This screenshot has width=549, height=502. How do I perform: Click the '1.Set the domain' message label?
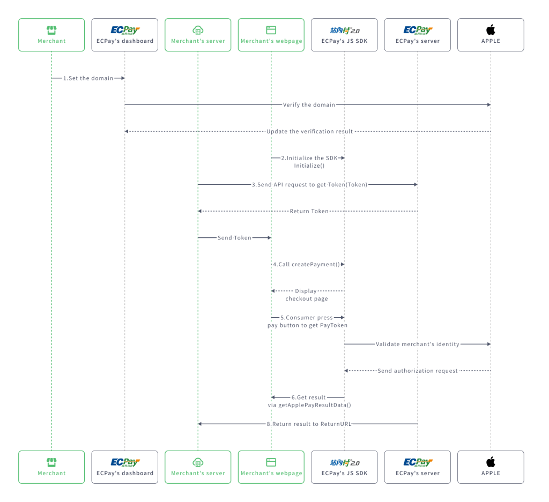pos(88,78)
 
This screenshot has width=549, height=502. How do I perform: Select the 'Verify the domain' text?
pos(309,105)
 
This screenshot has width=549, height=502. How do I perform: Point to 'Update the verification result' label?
pos(309,131)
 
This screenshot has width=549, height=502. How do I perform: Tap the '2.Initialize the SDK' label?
pos(309,158)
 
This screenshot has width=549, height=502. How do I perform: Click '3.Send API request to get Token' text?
pos(309,184)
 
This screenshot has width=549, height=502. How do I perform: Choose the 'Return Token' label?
pos(309,211)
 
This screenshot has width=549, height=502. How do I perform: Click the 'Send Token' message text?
pos(234,238)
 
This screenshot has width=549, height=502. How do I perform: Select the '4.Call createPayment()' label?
pos(307,264)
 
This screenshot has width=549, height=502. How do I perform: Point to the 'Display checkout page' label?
pos(306,295)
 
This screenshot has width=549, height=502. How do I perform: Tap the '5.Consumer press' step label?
pos(307,318)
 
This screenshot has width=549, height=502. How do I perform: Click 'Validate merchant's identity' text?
pos(417,344)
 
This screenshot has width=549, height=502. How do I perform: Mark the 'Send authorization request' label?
pos(417,371)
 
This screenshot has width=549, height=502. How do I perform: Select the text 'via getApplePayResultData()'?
pos(309,405)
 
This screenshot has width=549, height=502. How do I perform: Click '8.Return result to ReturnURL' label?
pos(309,424)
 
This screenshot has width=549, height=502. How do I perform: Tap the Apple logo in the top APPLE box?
pos(491,30)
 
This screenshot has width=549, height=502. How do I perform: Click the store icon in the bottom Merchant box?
pos(51,462)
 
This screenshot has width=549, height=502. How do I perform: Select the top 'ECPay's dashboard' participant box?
pos(125,35)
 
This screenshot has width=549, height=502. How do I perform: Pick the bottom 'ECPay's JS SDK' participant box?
pos(344,467)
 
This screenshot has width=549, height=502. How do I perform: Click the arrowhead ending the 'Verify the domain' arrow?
pos(488,105)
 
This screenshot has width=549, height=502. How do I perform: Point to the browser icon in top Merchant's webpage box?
pos(271,30)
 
